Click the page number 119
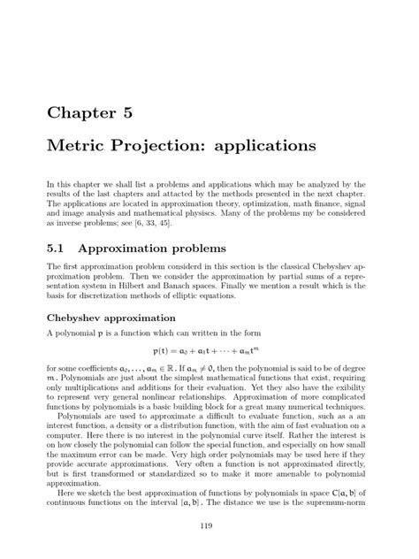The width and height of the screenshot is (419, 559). point(209,528)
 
